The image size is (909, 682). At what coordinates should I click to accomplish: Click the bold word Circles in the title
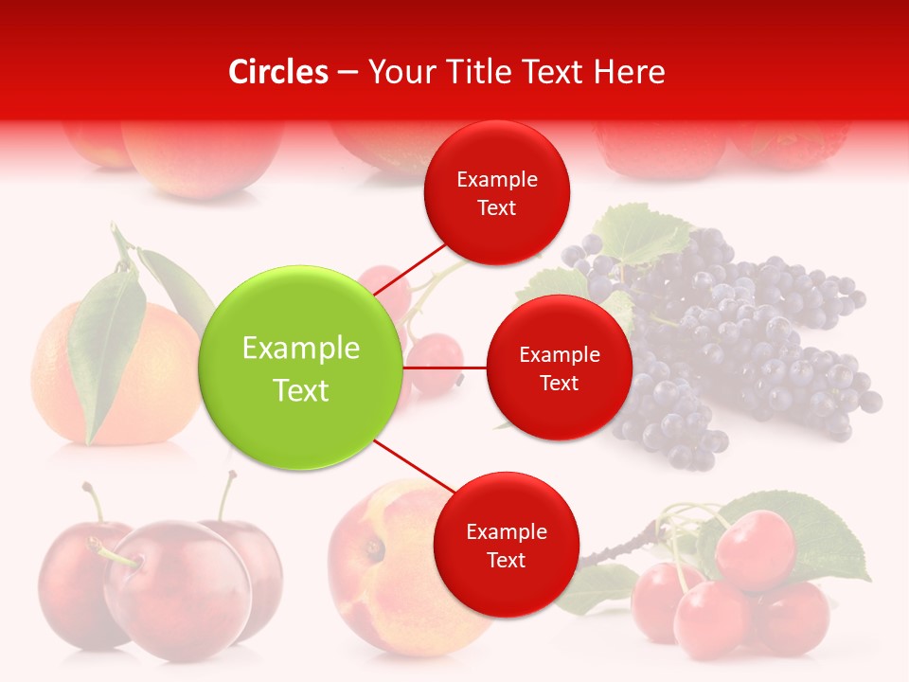click(277, 72)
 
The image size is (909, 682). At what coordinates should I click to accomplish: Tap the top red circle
click(496, 192)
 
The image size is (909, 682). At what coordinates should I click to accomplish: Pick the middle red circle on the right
click(559, 368)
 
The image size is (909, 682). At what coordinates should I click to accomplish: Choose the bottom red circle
click(506, 545)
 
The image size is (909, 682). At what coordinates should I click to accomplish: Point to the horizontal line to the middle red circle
click(445, 368)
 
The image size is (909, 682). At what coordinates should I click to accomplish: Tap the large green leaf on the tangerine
click(104, 350)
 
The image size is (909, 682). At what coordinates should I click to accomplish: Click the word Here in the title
click(629, 72)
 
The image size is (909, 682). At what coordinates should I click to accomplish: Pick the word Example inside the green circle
click(301, 348)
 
